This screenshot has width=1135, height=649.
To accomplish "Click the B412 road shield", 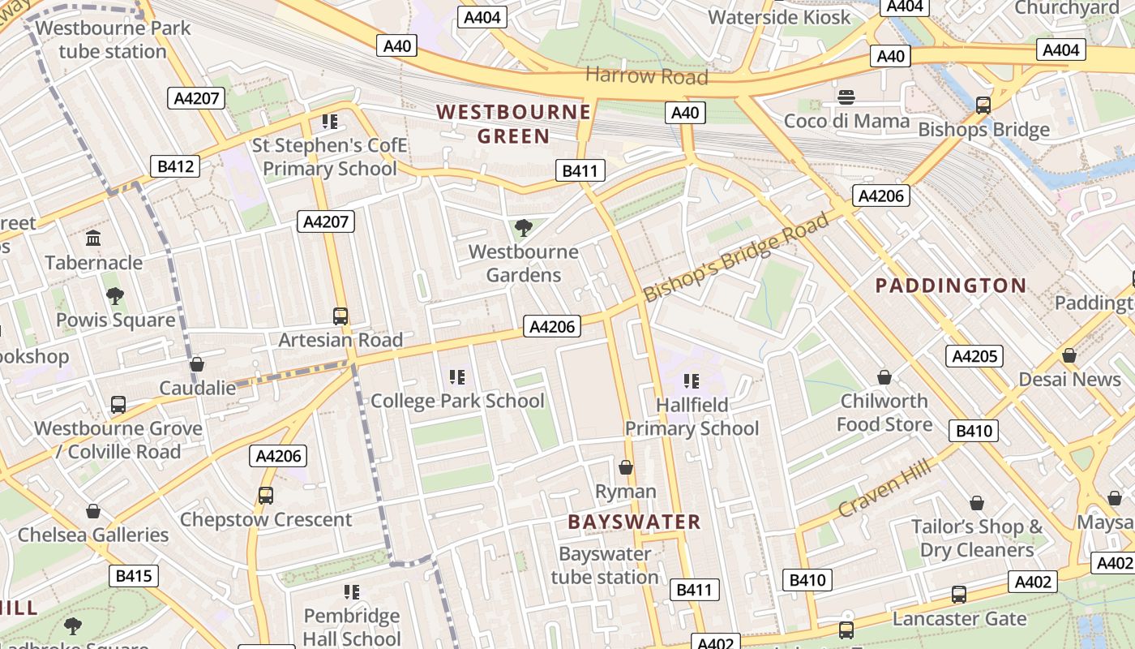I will pyautogui.click(x=175, y=166).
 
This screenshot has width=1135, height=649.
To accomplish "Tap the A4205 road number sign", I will pyautogui.click(x=974, y=356).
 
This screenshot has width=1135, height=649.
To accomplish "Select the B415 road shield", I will pyautogui.click(x=134, y=576).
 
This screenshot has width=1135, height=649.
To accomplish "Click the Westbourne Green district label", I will pyautogui.click(x=514, y=123).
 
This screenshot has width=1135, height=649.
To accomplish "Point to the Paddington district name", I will pyautogui.click(x=951, y=286).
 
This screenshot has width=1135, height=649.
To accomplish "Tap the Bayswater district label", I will pyautogui.click(x=634, y=522).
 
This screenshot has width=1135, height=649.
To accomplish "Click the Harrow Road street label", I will pyautogui.click(x=646, y=76).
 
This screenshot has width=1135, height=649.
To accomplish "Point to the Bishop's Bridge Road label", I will pyautogui.click(x=737, y=256).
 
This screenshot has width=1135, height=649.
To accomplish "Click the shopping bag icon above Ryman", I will pyautogui.click(x=626, y=467).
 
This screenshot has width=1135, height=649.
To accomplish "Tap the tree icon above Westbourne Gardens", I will pyautogui.click(x=523, y=228).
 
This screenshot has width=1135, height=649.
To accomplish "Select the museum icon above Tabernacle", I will pyautogui.click(x=93, y=239).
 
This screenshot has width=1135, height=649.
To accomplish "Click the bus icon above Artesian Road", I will pyautogui.click(x=340, y=316).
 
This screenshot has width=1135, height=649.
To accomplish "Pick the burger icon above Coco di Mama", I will pyautogui.click(x=846, y=97).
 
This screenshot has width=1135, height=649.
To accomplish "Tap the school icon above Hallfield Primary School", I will pyautogui.click(x=691, y=380).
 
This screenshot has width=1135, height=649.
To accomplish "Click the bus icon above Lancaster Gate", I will pyautogui.click(x=959, y=595).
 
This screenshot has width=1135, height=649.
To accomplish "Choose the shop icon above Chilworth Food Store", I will pyautogui.click(x=884, y=377).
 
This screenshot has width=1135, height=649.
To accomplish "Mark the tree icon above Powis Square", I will pyautogui.click(x=115, y=296).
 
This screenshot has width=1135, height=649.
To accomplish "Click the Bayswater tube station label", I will pyautogui.click(x=605, y=565).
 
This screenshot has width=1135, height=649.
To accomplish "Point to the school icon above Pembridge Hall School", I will pyautogui.click(x=351, y=592).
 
